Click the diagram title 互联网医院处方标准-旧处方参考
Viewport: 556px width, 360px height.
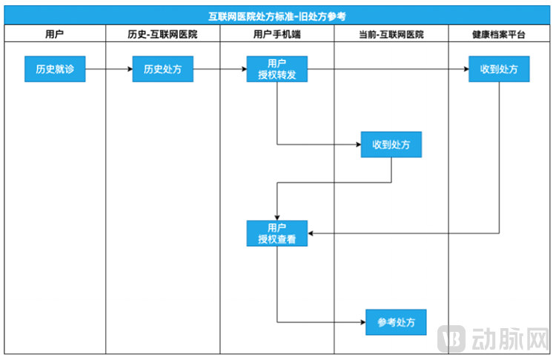[x=277, y=16]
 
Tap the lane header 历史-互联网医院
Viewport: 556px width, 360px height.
[x=162, y=34]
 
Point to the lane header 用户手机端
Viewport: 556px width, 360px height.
[x=277, y=34]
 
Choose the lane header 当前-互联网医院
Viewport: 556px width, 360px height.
[x=391, y=34]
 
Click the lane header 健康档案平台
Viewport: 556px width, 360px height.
[x=499, y=34]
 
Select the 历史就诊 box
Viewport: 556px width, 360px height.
[x=55, y=70]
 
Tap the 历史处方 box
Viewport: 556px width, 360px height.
[x=162, y=70]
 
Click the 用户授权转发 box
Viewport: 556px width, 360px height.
[x=277, y=70]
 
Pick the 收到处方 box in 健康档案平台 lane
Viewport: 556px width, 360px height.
[x=499, y=70]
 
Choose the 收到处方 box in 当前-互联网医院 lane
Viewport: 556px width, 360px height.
[x=391, y=144]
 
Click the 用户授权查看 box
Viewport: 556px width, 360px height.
[x=277, y=233]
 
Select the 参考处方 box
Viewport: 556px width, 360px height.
[x=396, y=322]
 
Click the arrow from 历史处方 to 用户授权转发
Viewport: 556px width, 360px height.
[x=219, y=70]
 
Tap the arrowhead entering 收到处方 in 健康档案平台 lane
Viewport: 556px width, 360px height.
[x=465, y=70]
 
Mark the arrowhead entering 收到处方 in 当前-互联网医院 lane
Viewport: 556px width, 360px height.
[x=357, y=144]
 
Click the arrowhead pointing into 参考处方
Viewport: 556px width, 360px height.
[x=362, y=322]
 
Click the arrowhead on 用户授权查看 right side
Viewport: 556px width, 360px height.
[x=311, y=233]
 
